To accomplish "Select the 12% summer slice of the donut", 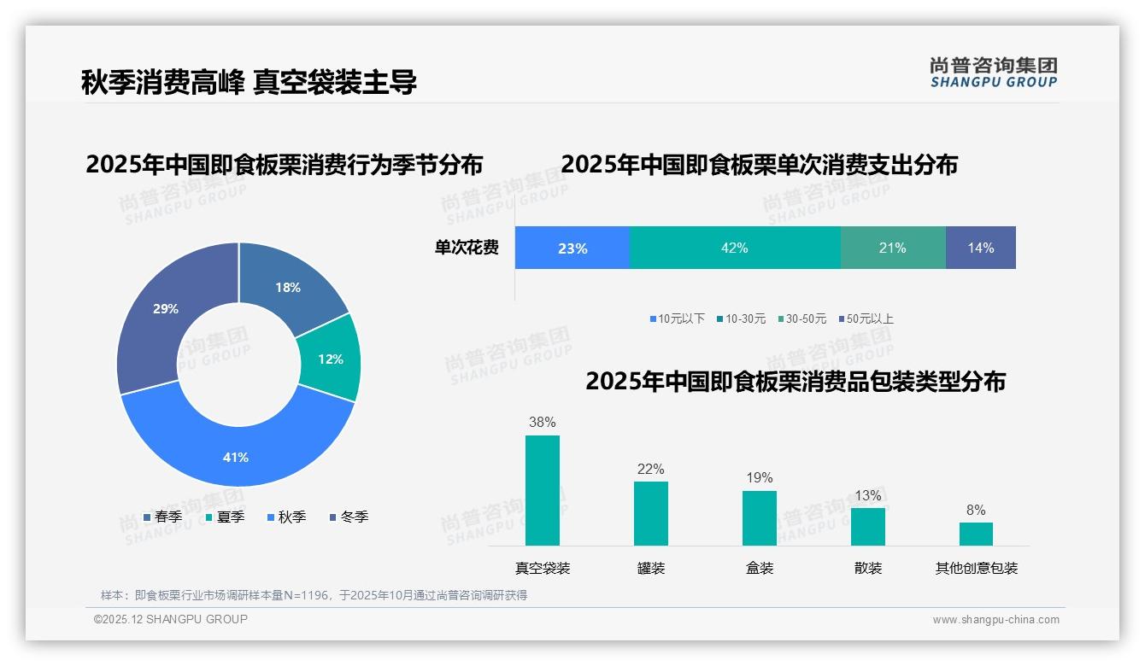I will click(x=330, y=359).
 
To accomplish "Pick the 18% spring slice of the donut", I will click(x=288, y=288).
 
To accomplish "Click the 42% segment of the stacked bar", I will click(x=735, y=248).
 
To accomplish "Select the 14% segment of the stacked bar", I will click(x=980, y=248).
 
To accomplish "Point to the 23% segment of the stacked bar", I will click(x=572, y=248).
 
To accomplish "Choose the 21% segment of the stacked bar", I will click(x=892, y=248).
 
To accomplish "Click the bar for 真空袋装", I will click(x=543, y=490).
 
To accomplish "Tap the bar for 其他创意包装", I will click(x=976, y=534).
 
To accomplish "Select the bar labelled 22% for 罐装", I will click(x=651, y=513).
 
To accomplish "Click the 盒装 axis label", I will click(x=760, y=568).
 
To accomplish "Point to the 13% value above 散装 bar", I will click(x=867, y=496).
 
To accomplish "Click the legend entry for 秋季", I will click(x=286, y=517).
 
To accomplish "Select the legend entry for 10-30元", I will click(x=741, y=318).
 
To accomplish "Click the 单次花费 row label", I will click(x=467, y=248).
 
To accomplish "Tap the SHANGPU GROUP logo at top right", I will click(x=993, y=73).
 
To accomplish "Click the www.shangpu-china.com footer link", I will click(x=995, y=619).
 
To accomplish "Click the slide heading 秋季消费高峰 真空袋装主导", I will click(x=249, y=82).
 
